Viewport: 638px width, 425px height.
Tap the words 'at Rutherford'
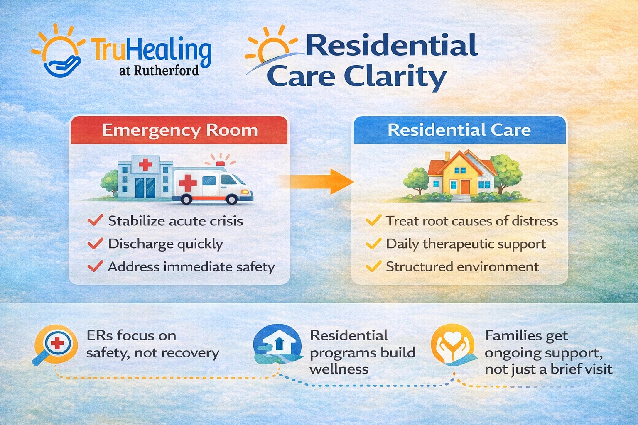[159, 71]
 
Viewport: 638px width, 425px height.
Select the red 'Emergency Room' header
[179, 130]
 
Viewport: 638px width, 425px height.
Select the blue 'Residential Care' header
[459, 130]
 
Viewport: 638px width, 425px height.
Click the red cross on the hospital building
[145, 164]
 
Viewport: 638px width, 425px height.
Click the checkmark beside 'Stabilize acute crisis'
[96, 220]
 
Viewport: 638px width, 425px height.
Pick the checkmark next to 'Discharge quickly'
[96, 243]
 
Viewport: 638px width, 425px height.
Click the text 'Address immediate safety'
[191, 266]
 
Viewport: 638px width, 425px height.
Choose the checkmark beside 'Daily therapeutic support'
[373, 243]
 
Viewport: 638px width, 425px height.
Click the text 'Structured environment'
[462, 266]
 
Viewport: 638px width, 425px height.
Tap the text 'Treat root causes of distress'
[472, 221]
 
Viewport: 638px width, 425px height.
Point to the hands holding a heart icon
[453, 344]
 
